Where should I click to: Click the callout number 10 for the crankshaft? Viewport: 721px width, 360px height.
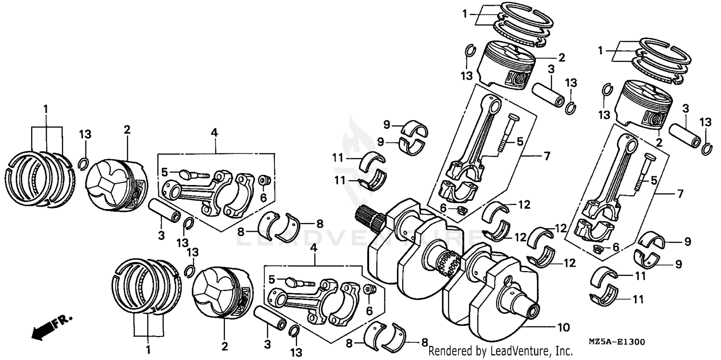(563, 328)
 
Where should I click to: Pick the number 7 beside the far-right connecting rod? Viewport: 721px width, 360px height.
(680, 194)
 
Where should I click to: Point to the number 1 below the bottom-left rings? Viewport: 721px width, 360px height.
(148, 348)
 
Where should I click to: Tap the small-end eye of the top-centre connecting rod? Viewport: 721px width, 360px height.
(493, 103)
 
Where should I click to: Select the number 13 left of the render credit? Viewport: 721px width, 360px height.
(296, 352)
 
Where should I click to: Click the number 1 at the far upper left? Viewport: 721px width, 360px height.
(46, 109)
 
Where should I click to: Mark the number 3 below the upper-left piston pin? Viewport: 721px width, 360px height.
(161, 235)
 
